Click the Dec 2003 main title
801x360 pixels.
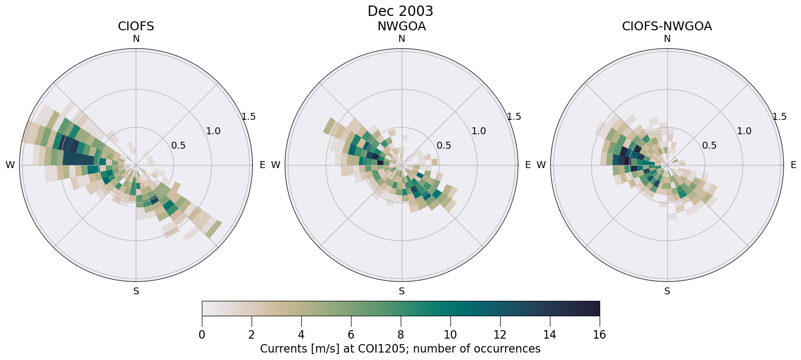tap(400, 11)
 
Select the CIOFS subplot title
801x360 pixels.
tap(136, 26)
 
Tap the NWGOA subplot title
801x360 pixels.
tap(401, 26)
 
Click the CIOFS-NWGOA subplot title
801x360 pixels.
tap(667, 26)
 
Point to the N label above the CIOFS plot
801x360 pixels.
tap(136, 39)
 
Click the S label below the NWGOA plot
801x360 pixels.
tap(402, 291)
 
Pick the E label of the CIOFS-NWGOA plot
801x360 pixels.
tap(794, 165)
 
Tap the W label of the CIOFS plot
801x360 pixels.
tap(10, 165)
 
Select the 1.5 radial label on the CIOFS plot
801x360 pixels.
tap(249, 117)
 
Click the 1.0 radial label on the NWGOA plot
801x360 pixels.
tap(479, 131)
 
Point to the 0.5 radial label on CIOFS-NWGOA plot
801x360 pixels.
tap(710, 146)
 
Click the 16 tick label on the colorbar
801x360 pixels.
tap(599, 335)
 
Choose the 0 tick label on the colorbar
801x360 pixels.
tap(202, 335)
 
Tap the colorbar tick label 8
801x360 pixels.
tap(401, 335)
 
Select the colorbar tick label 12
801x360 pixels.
tap(500, 335)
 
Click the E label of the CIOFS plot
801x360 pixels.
tap(263, 165)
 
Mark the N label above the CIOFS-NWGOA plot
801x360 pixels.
tap(667, 39)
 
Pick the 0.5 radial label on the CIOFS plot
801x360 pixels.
tap(178, 146)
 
